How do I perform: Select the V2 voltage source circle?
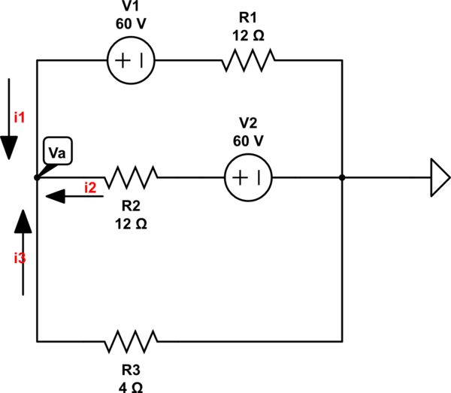(248, 178)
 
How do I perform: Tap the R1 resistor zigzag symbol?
(248, 60)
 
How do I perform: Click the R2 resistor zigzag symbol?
(131, 178)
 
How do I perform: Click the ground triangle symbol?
(439, 178)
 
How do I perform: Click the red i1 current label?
(20, 116)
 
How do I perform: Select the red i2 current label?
(90, 186)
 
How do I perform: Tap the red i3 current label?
(20, 258)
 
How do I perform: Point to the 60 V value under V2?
(248, 140)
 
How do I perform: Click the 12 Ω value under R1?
(248, 35)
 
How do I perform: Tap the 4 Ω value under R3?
(131, 386)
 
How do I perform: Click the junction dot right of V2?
(342, 178)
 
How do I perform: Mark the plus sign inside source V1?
(123, 60)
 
